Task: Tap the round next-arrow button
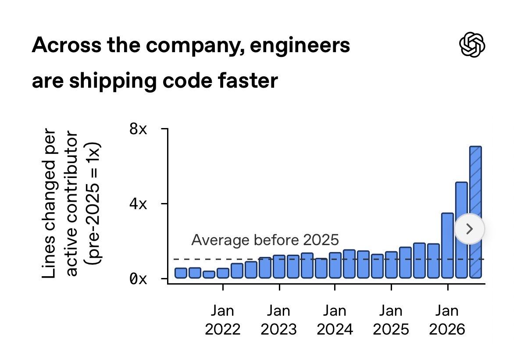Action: (x=470, y=228)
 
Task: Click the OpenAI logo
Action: (x=472, y=45)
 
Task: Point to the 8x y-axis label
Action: (x=138, y=129)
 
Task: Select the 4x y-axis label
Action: (x=138, y=204)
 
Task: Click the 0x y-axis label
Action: (x=138, y=279)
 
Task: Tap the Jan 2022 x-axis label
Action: (x=223, y=320)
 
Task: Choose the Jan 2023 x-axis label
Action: (x=278, y=320)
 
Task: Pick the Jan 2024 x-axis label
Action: (x=335, y=320)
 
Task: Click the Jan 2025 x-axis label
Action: (x=391, y=320)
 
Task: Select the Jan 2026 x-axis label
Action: (x=447, y=320)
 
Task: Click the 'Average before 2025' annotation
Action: (x=265, y=240)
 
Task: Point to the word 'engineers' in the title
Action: (x=300, y=46)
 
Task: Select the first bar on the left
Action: (x=181, y=273)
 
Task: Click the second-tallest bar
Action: (x=461, y=230)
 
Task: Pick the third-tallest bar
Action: (x=447, y=246)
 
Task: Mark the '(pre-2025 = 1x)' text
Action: (x=93, y=203)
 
